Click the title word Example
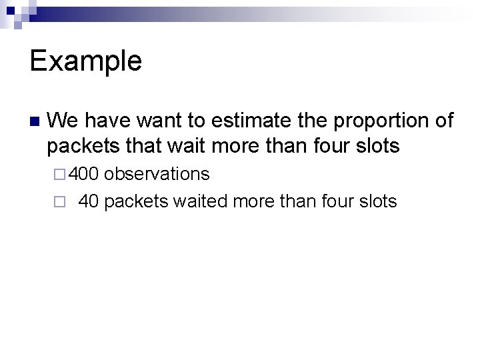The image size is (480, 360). coord(86,61)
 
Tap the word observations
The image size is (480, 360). coord(157,175)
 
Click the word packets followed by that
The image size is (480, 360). coord(78,147)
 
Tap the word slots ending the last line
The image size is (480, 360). coord(378,201)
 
